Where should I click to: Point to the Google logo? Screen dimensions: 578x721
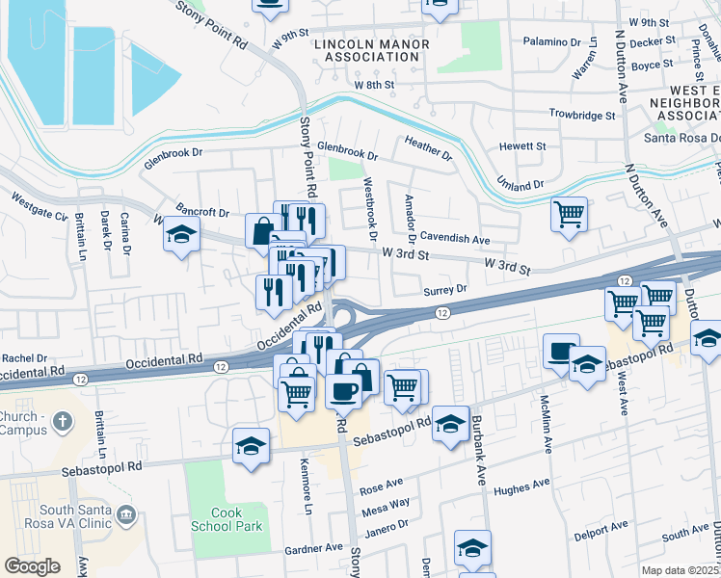(32, 566)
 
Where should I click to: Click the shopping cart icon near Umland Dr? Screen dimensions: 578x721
(569, 213)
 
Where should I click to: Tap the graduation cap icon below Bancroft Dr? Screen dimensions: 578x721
(179, 235)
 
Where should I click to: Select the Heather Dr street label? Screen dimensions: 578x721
(428, 147)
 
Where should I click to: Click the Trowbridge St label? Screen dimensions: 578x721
(582, 115)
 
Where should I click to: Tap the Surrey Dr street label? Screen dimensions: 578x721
(444, 289)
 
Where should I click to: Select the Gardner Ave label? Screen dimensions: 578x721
(313, 547)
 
